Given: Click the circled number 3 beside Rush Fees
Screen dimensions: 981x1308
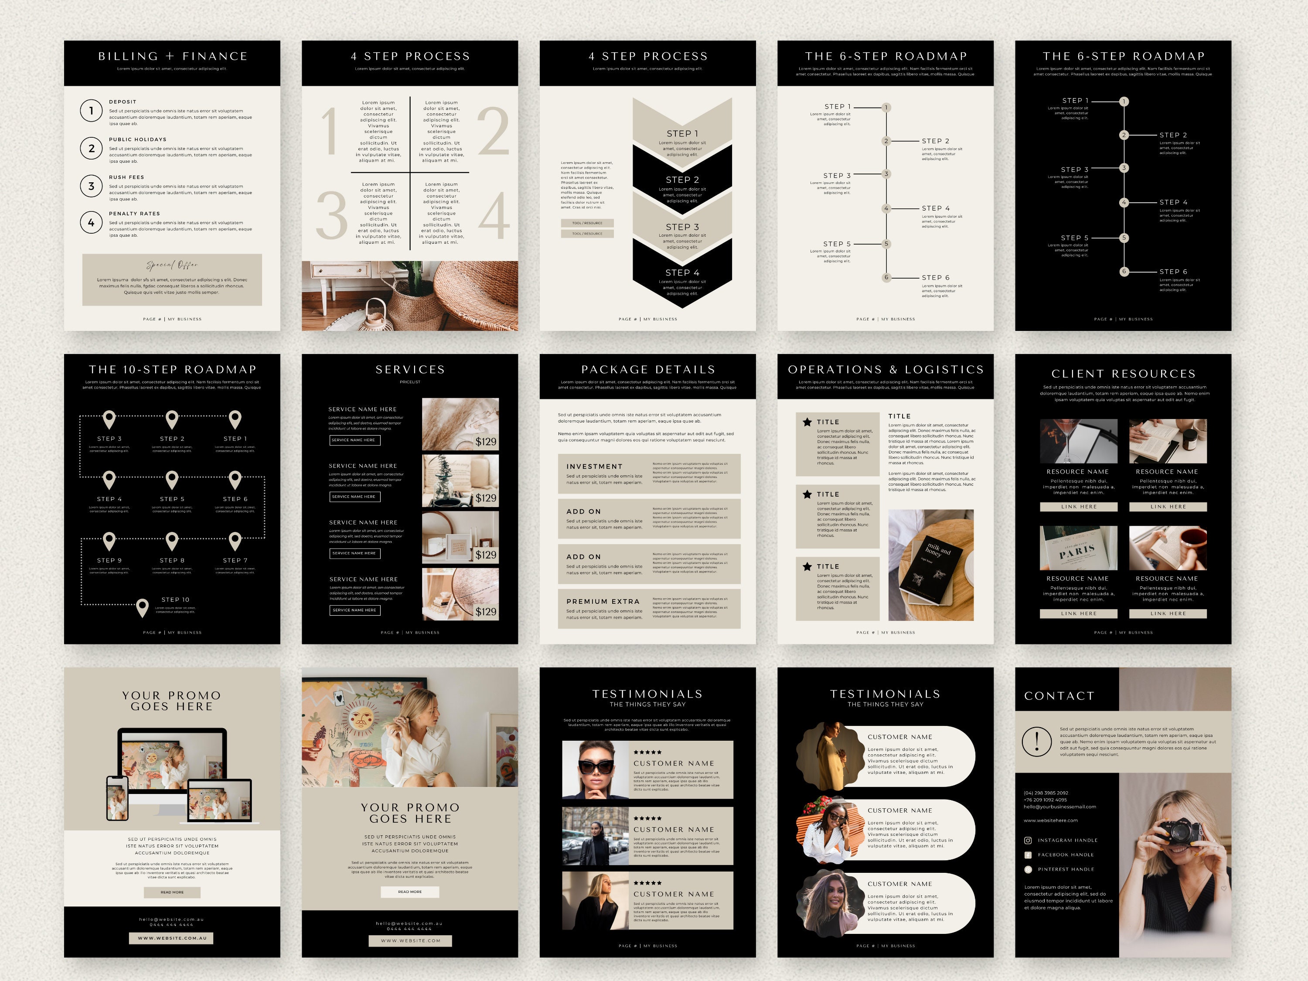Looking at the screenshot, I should pyautogui.click(x=91, y=186).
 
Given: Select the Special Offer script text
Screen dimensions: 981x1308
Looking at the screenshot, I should pyautogui.click(x=172, y=265).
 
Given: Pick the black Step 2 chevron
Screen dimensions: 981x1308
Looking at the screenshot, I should pyautogui.click(x=682, y=180).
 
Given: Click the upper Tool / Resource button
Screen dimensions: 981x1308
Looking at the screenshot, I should pyautogui.click(x=587, y=223).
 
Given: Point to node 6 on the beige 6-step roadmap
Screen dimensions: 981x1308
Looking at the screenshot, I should pyautogui.click(x=886, y=277).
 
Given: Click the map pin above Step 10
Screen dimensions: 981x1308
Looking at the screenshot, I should pyautogui.click(x=142, y=607).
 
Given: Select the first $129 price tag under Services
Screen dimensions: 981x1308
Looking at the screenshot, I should pyautogui.click(x=485, y=442).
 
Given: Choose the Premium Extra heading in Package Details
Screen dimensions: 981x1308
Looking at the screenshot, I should pyautogui.click(x=603, y=601).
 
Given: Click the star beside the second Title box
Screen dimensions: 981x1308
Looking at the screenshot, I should pyautogui.click(x=807, y=494).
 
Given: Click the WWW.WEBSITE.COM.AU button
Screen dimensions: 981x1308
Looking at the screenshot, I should pyautogui.click(x=172, y=938).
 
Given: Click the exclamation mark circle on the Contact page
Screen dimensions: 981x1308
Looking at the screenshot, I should pyautogui.click(x=1036, y=741).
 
